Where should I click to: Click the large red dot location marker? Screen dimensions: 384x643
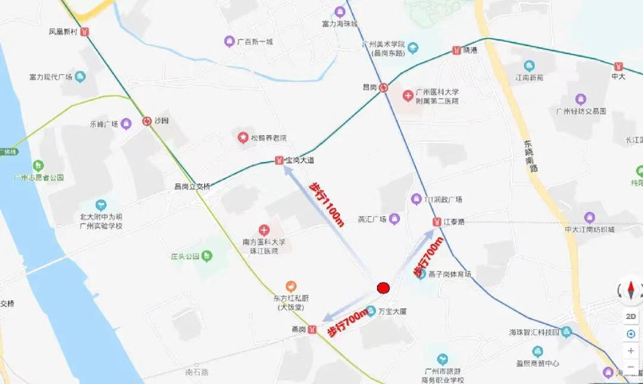click(x=383, y=288)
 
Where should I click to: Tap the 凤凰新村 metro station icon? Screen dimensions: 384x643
click(x=85, y=32)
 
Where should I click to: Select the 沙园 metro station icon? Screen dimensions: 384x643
click(x=146, y=121)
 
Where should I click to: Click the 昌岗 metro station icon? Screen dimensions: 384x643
click(x=384, y=88)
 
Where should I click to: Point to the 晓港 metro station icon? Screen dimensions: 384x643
click(x=457, y=51)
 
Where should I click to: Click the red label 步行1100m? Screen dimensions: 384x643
click(x=326, y=204)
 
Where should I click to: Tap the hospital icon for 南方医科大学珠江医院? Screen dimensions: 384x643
click(x=264, y=230)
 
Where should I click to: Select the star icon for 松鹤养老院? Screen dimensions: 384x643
click(x=244, y=138)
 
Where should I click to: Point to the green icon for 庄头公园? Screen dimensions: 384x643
click(x=207, y=257)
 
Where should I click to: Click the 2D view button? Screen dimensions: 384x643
click(x=630, y=316)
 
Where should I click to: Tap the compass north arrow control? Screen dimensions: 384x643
click(x=630, y=290)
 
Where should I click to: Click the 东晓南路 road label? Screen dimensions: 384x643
click(x=530, y=156)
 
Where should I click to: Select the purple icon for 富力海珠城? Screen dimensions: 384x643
click(x=339, y=11)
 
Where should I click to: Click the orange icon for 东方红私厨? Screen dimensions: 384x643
click(x=291, y=286)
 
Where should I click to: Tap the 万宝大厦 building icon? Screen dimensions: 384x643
click(x=371, y=311)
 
